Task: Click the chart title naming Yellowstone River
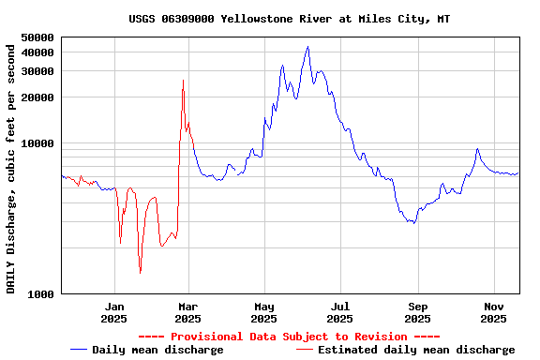click(289, 19)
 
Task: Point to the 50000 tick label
click(38, 37)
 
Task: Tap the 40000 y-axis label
click(38, 52)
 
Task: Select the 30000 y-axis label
click(38, 71)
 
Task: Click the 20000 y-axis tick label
click(38, 97)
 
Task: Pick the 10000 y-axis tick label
click(38, 143)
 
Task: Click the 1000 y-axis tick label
click(42, 294)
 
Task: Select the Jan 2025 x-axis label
click(114, 312)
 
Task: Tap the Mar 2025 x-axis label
click(188, 312)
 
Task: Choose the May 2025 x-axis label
click(264, 312)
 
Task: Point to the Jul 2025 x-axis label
click(341, 312)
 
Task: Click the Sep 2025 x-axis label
click(418, 312)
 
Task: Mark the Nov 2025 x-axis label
click(494, 312)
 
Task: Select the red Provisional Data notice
click(289, 337)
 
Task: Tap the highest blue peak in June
click(307, 47)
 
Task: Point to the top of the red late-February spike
click(183, 81)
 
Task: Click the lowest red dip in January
click(140, 273)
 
